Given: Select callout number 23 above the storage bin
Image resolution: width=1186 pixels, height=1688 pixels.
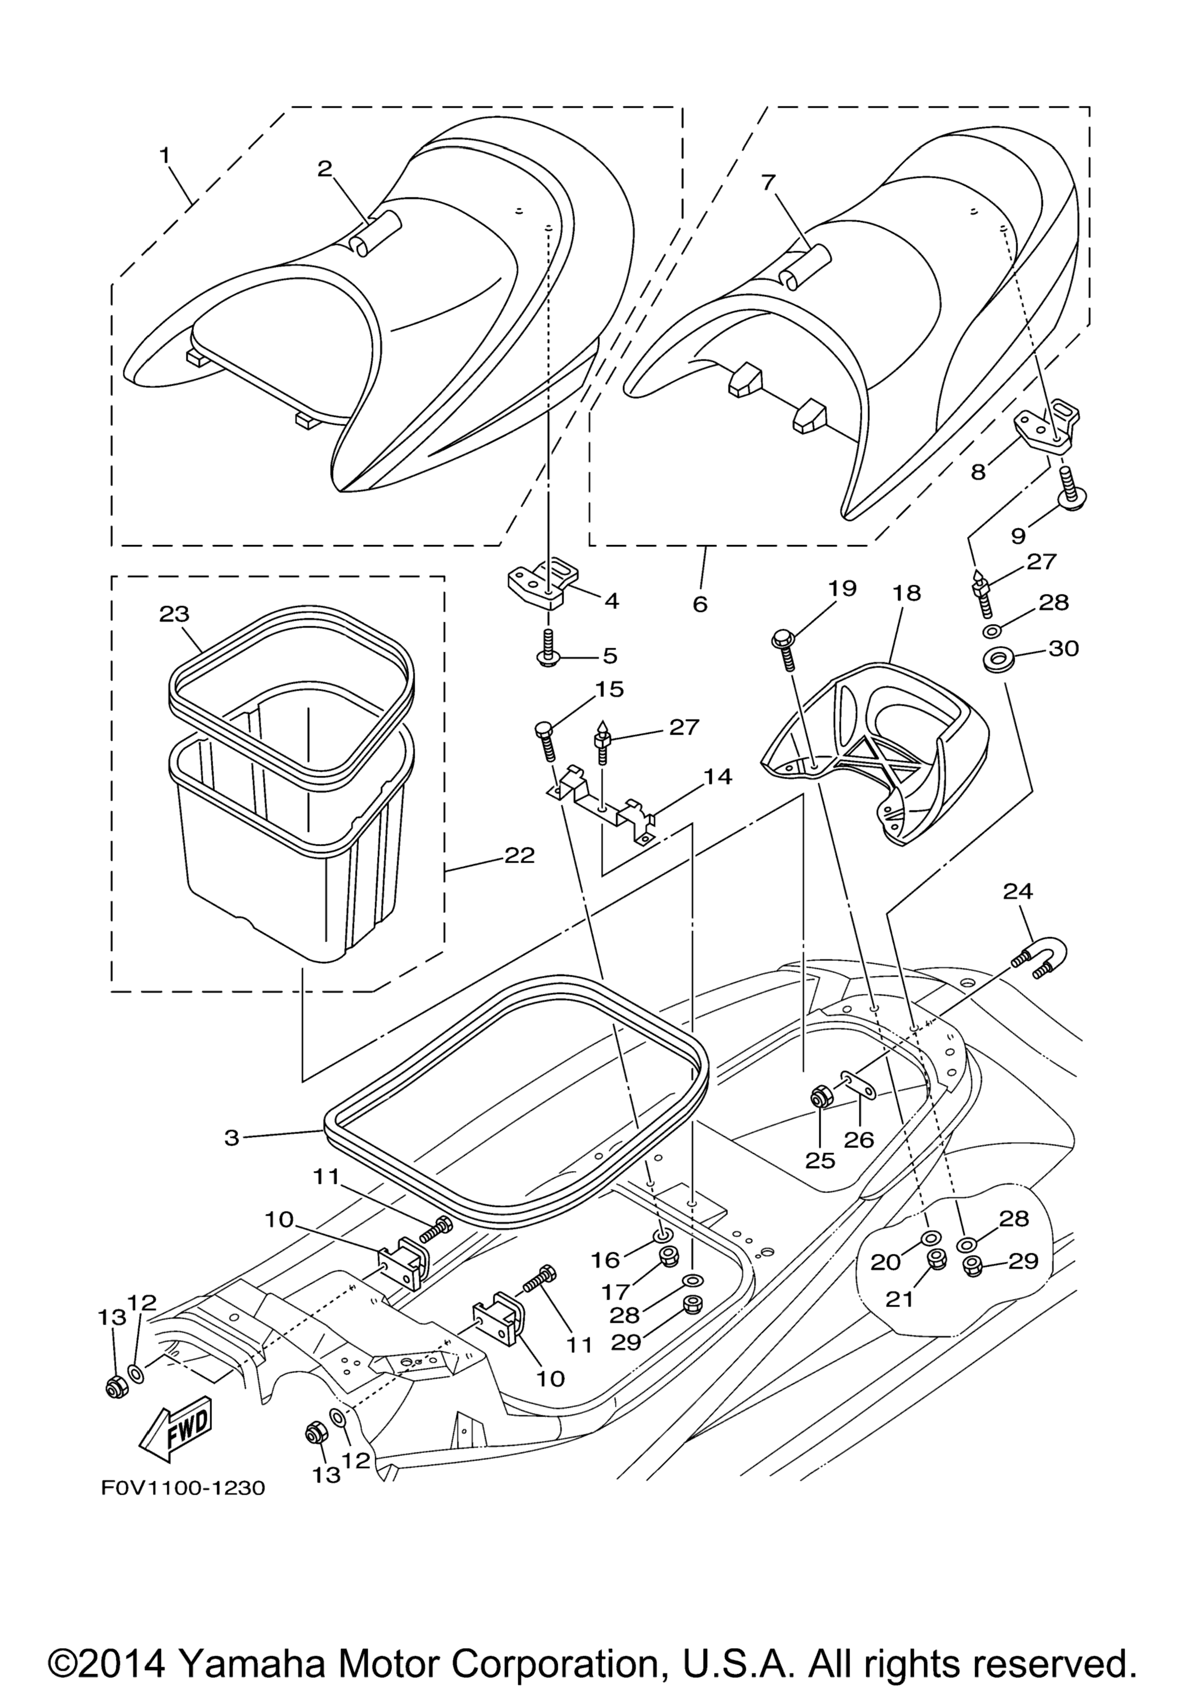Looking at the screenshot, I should [x=174, y=613].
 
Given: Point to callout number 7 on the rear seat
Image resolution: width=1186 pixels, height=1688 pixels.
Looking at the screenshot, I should [x=768, y=182].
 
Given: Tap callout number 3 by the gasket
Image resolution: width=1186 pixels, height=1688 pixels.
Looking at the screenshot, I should [x=232, y=1137].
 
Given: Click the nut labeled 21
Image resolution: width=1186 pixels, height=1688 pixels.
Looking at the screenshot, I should [x=936, y=1260].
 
